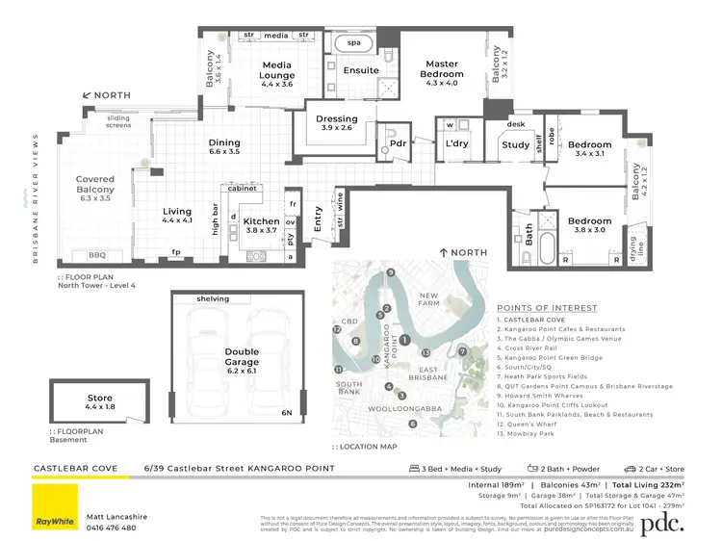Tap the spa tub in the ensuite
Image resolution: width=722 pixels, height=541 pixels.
point(353,43)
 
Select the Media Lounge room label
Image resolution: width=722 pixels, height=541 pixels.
point(276,70)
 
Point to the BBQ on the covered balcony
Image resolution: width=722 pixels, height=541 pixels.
point(96,255)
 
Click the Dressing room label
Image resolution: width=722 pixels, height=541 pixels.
point(336,124)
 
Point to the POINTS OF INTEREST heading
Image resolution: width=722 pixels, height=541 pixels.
point(547,308)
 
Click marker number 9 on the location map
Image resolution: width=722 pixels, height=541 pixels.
point(391,273)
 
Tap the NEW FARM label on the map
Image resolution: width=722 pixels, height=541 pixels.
point(429,299)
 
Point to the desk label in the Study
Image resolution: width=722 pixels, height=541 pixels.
point(516,124)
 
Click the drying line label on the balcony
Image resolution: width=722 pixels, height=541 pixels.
point(634,246)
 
